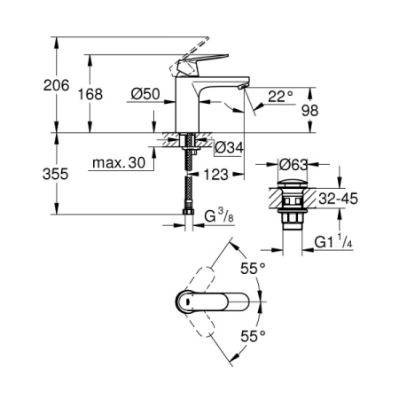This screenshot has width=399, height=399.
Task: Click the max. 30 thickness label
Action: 119,163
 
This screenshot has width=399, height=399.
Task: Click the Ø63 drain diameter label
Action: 293,164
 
